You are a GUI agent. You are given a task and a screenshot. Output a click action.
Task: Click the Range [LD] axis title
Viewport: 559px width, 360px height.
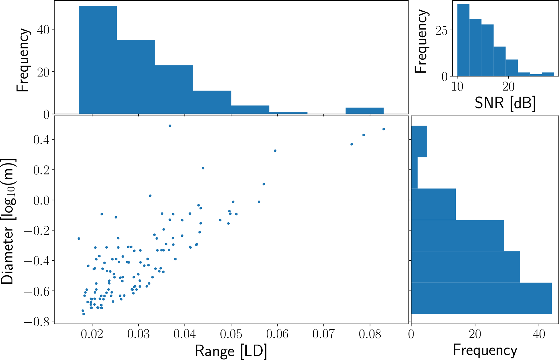[231, 351]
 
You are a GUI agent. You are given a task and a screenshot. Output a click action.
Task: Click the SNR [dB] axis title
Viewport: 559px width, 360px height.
[505, 103]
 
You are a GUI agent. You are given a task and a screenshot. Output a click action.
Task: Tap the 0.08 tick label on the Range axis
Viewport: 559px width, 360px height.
[370, 334]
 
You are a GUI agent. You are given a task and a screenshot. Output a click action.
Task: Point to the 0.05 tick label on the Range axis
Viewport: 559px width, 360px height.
[231, 334]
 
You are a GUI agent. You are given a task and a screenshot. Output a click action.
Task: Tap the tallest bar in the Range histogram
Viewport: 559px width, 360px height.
[98, 60]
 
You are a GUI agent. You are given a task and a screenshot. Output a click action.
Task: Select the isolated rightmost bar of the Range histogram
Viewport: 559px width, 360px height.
[364, 111]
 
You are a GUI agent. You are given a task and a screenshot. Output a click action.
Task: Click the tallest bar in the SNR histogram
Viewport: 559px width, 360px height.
[463, 40]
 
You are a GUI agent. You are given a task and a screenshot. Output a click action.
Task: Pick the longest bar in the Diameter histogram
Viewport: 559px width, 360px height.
[481, 298]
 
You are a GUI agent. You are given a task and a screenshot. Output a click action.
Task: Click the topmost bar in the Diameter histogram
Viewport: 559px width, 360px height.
[419, 141]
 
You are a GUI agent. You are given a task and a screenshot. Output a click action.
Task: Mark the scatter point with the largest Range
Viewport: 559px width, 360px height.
[383, 129]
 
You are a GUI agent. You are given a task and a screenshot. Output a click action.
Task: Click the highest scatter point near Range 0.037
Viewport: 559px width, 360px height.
[170, 126]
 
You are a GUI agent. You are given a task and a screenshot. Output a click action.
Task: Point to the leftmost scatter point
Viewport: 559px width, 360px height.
[79, 239]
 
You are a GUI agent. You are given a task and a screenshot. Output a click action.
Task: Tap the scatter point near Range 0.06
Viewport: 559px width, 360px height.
[275, 151]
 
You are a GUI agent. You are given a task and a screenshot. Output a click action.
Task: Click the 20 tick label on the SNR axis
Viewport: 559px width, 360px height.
[508, 87]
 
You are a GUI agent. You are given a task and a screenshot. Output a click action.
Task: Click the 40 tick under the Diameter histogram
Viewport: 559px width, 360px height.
[539, 334]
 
